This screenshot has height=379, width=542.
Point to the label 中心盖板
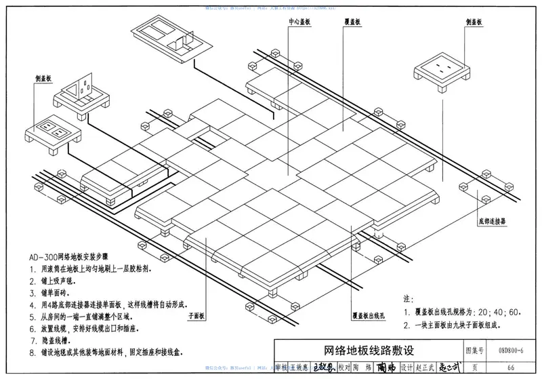pyautogui.click(x=299, y=22)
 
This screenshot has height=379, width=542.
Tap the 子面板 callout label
pyautogui.click(x=196, y=316)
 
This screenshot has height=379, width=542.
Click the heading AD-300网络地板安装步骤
pyautogui.click(x=75, y=258)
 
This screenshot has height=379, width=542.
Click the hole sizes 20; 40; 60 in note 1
pyautogui.click(x=501, y=313)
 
